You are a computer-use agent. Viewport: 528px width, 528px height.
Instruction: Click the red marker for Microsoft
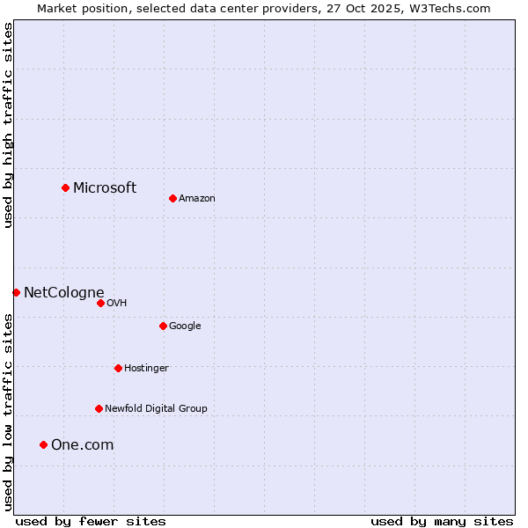65,187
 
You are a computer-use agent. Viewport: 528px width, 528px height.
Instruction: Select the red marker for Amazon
172,198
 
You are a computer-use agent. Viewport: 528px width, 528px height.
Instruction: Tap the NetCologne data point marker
16,292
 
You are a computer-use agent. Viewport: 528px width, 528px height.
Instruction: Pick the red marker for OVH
100,303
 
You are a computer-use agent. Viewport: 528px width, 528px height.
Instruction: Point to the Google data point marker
163,326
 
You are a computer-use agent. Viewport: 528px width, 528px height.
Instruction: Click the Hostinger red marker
118,368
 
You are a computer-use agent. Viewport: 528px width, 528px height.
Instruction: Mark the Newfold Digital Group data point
99,408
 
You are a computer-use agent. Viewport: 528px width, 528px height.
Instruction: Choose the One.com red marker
43,444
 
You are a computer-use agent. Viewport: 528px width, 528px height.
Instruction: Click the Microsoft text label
105,187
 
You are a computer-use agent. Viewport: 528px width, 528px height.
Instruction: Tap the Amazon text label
197,198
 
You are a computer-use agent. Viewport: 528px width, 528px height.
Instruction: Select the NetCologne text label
63,292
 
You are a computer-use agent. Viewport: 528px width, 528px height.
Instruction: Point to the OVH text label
117,303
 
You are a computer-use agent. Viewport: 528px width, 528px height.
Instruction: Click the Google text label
185,326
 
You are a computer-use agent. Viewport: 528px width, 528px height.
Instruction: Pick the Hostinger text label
146,368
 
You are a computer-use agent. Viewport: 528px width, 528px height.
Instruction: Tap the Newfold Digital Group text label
156,408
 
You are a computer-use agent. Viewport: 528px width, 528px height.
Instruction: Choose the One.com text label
82,444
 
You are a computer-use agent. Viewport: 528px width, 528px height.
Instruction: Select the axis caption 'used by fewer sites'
91,521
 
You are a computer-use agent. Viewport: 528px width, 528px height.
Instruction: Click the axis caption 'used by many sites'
442,521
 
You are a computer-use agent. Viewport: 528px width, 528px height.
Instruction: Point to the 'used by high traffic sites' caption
8,125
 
